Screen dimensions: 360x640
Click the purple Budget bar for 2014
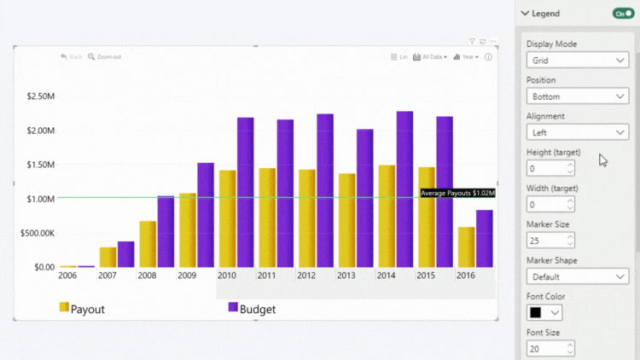click(404, 189)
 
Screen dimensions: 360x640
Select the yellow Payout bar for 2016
click(467, 247)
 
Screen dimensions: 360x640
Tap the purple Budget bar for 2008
click(166, 231)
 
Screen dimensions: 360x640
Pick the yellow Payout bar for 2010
click(227, 218)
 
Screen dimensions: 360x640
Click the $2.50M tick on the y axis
click(40, 96)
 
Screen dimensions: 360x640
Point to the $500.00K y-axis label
click(37, 233)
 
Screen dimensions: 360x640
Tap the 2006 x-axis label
click(67, 276)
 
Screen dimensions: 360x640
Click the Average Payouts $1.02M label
click(457, 194)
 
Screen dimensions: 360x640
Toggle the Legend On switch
click(624, 14)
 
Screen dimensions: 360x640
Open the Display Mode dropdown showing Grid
click(577, 61)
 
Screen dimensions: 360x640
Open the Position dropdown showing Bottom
click(577, 96)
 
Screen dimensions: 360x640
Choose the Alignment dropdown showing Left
click(577, 132)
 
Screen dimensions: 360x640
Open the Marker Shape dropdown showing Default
click(577, 276)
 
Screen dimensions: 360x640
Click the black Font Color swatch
click(536, 313)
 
